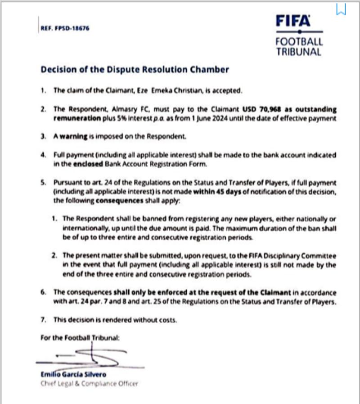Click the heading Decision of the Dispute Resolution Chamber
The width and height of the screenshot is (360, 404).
click(x=135, y=70)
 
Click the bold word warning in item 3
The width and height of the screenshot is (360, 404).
click(x=72, y=135)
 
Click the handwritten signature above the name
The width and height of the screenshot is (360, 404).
click(x=85, y=357)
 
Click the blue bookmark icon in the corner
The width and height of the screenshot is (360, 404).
click(x=341, y=9)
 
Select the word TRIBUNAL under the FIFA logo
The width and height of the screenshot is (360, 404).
click(x=299, y=51)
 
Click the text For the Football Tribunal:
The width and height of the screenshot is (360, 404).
click(x=81, y=337)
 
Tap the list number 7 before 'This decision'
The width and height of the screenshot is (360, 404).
click(x=44, y=320)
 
